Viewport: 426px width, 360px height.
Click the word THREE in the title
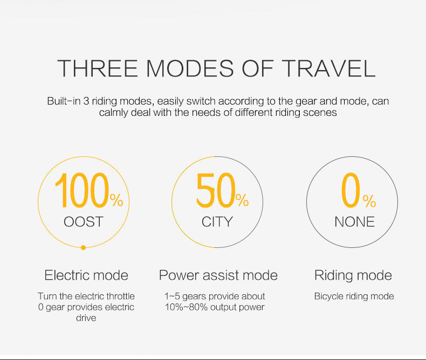(98, 68)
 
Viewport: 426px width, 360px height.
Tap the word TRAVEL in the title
(328, 68)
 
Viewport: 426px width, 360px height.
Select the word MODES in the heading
(190, 68)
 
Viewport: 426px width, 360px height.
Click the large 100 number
(82, 190)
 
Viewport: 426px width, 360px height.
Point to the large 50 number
(216, 190)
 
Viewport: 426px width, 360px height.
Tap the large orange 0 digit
(351, 190)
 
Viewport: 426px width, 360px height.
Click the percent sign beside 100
(116, 200)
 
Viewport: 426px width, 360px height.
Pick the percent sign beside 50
(242, 200)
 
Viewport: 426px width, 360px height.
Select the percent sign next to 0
(369, 201)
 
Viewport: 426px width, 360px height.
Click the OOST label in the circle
(84, 222)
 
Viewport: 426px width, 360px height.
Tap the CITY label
(217, 222)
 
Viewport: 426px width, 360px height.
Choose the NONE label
(354, 222)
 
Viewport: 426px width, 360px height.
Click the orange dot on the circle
(84, 247)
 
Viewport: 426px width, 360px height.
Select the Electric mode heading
(86, 275)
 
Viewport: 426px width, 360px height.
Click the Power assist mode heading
(218, 275)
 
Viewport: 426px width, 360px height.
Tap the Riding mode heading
(353, 275)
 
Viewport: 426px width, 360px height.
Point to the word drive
(86, 318)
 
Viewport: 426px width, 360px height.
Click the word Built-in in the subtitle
(64, 101)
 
